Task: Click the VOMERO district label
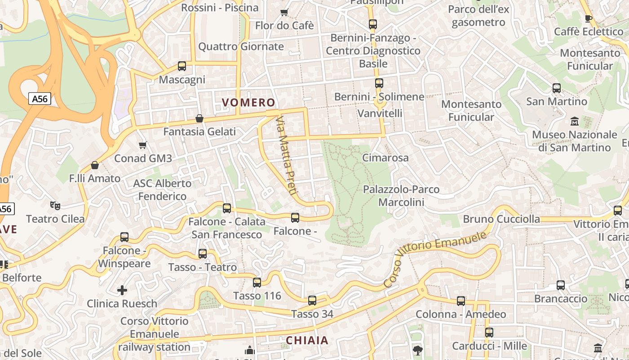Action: click(x=248, y=103)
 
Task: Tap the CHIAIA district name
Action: click(x=307, y=341)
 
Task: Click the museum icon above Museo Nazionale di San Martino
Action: click(x=574, y=121)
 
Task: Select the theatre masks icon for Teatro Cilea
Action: click(x=55, y=206)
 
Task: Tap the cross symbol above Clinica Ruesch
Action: click(x=122, y=290)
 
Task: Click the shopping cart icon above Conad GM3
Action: click(x=143, y=145)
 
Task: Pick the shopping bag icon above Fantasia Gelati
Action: click(x=199, y=118)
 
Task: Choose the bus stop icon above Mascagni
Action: click(x=182, y=66)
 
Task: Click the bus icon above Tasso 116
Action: click(x=257, y=283)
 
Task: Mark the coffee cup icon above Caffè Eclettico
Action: click(x=588, y=18)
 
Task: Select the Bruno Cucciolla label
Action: click(x=501, y=219)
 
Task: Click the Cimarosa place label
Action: click(x=385, y=157)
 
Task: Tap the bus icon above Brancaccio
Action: click(x=561, y=285)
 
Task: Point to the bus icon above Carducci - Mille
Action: click(x=489, y=333)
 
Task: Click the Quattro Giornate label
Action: click(x=241, y=46)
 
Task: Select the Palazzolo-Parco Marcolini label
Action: click(x=401, y=196)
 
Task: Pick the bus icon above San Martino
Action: click(x=557, y=88)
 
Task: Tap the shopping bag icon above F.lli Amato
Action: click(x=95, y=165)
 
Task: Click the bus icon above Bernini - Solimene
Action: click(x=379, y=83)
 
